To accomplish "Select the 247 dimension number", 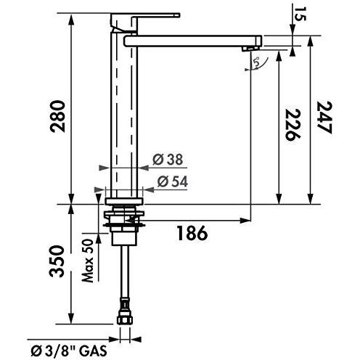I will [324, 118].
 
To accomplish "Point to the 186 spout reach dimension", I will [192, 233].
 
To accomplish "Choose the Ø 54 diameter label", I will [170, 181].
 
